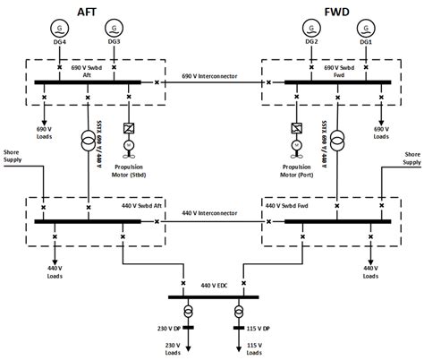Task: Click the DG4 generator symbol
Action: pos(59,28)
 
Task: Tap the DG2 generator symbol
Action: pos(310,28)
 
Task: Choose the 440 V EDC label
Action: pos(211,285)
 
